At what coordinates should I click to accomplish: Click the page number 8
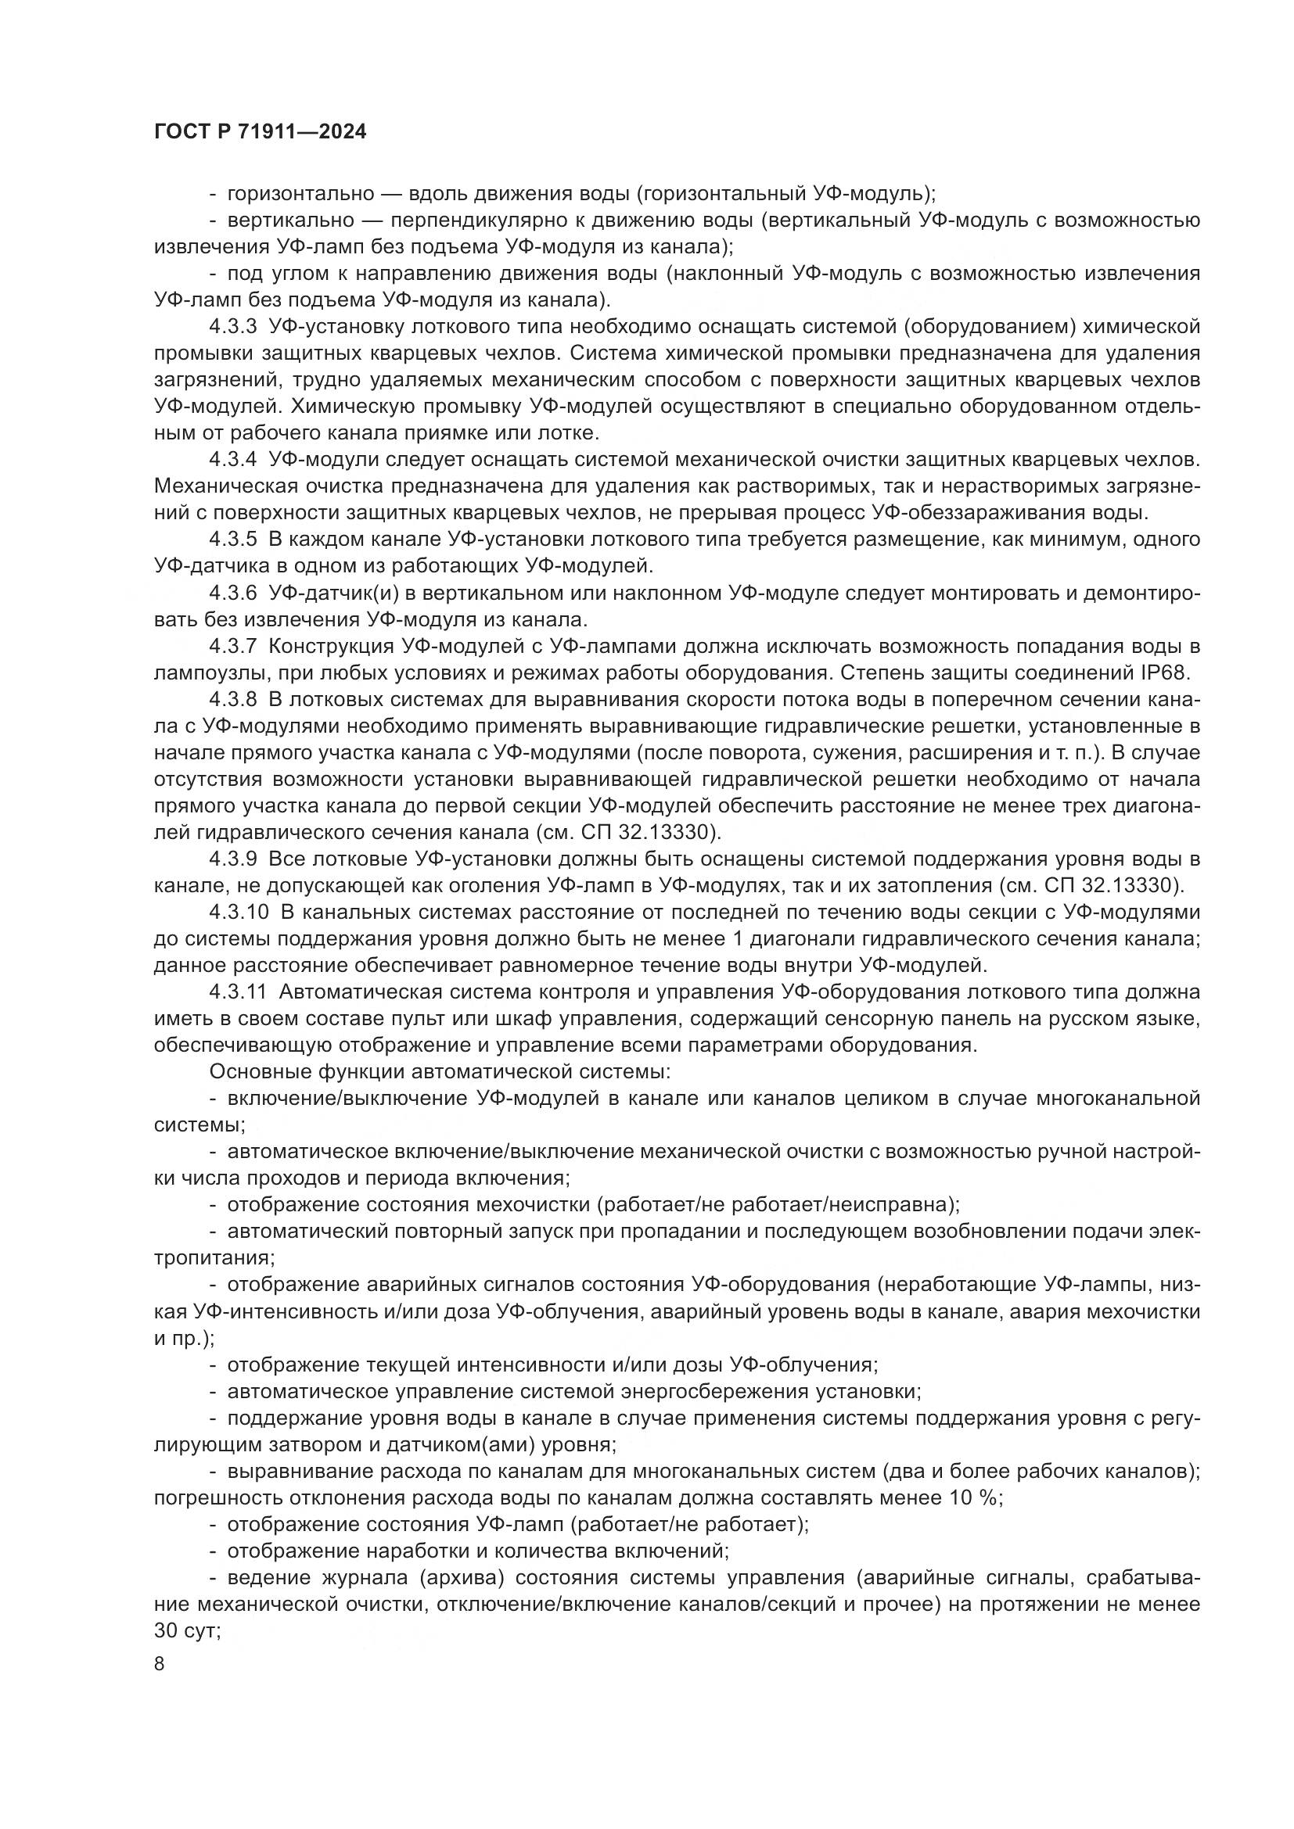[160, 1664]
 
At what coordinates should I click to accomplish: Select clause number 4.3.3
[232, 327]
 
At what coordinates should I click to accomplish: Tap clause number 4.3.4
[232, 460]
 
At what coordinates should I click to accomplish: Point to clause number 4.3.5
[232, 540]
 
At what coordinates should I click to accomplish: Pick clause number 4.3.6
[232, 593]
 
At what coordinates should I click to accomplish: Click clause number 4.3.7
[232, 646]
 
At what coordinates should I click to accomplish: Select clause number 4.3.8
[232, 699]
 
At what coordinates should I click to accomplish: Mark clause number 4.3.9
[232, 859]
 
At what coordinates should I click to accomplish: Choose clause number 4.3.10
[239, 913]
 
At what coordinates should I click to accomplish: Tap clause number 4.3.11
[239, 992]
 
